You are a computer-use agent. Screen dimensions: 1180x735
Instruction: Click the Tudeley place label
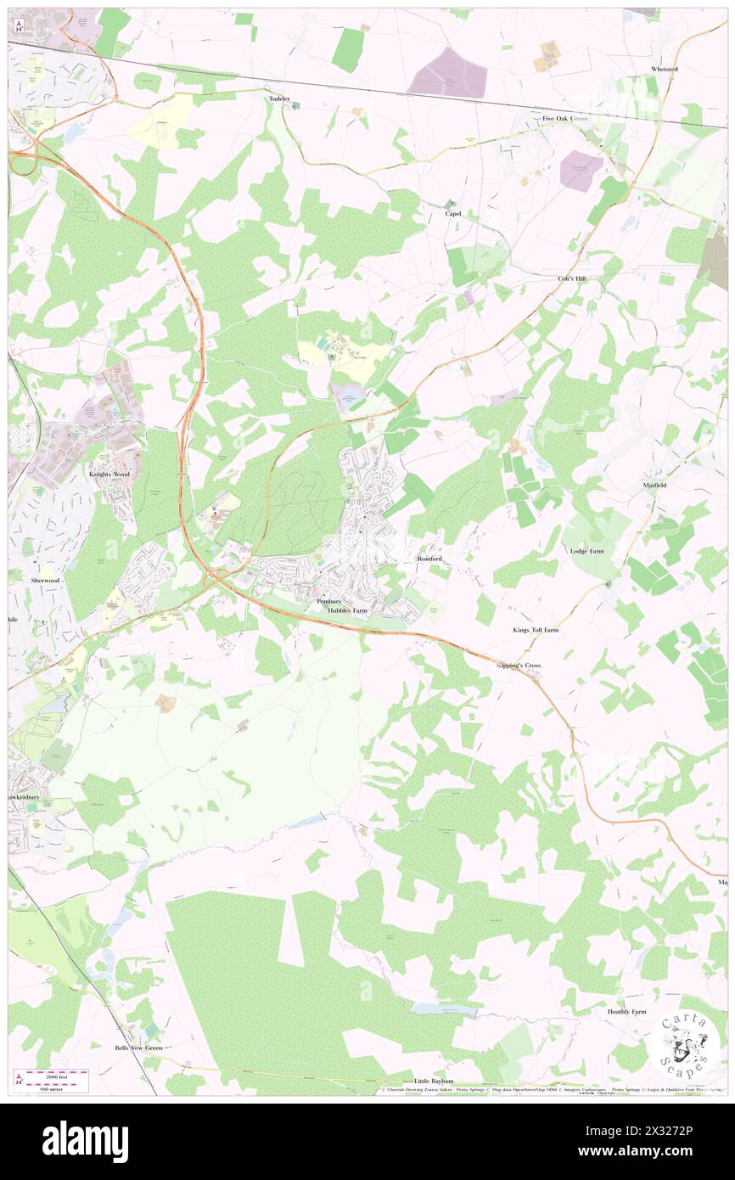tap(279, 99)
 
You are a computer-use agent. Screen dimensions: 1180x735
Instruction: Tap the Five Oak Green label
tap(566, 119)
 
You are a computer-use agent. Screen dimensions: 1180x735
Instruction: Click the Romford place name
tap(429, 559)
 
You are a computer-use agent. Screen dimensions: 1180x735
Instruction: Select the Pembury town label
tap(328, 601)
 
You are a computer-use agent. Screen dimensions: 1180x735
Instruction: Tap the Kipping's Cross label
tap(519, 666)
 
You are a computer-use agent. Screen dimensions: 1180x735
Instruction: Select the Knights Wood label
tap(109, 474)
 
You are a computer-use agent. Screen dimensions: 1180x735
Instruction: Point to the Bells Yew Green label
tap(139, 1048)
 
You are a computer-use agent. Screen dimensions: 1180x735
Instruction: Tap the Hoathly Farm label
tap(626, 1012)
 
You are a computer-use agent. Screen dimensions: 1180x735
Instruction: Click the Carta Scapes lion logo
tap(682, 1044)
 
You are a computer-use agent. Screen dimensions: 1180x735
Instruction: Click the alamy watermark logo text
tap(85, 1141)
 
